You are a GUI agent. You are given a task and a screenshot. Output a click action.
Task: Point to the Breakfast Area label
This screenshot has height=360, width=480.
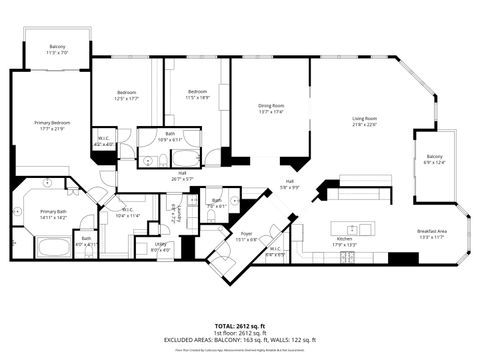click(x=432, y=232)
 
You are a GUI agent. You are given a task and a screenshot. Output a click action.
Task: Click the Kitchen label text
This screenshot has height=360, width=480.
click(x=344, y=238)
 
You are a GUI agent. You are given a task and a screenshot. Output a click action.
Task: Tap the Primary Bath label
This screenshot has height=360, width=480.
click(x=53, y=212)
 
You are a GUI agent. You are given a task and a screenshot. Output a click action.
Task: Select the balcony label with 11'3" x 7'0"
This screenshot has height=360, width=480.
click(x=57, y=47)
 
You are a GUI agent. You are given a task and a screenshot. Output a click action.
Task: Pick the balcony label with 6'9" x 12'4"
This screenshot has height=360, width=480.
click(x=435, y=157)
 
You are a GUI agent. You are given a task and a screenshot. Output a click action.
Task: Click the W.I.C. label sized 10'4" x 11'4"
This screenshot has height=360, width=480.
click(x=129, y=213)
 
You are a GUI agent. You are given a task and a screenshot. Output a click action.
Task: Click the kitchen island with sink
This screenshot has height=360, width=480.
click(x=354, y=221)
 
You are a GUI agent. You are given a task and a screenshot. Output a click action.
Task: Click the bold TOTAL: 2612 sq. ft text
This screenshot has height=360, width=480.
click(x=240, y=326)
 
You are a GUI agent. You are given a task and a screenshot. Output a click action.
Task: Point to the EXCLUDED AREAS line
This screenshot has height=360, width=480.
click(x=240, y=340)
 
